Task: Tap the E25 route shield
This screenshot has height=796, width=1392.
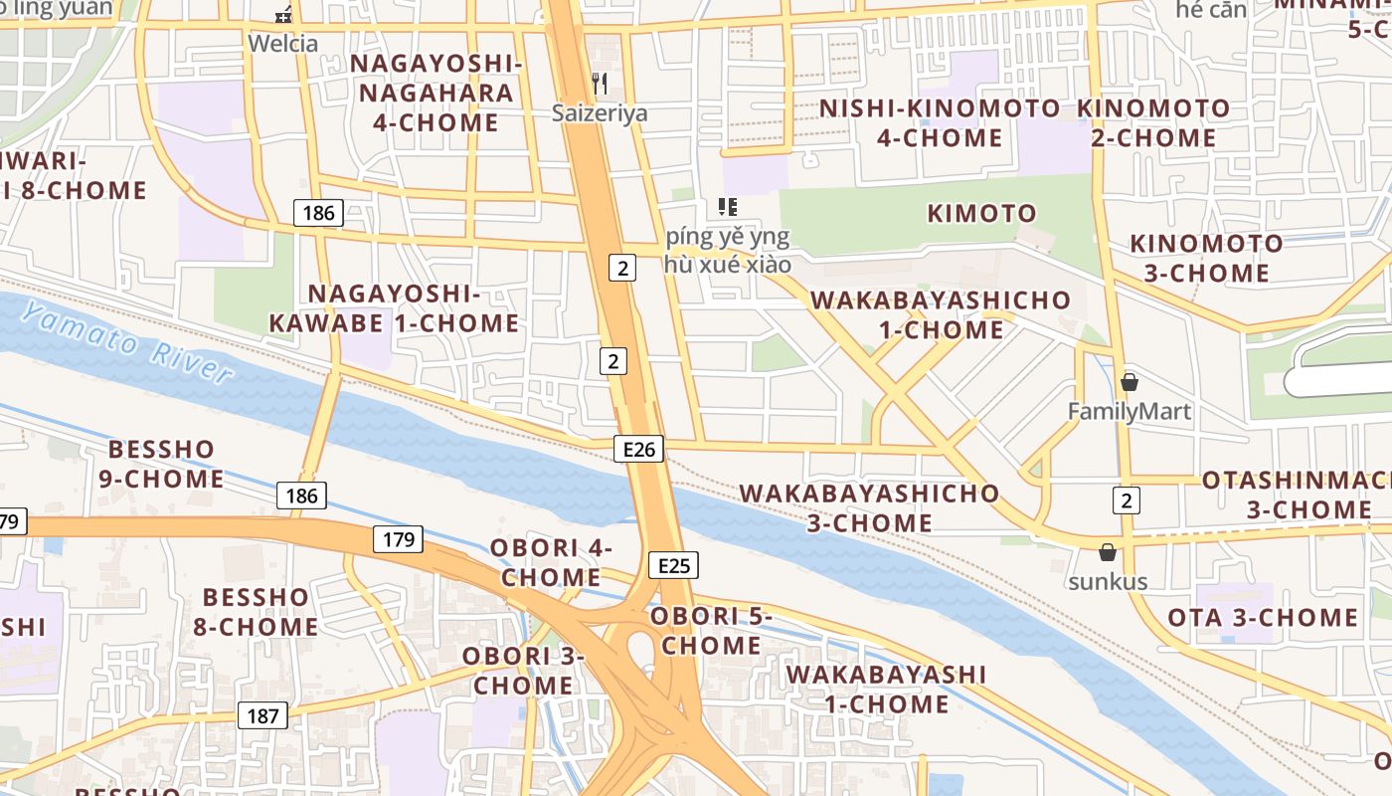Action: click(x=673, y=566)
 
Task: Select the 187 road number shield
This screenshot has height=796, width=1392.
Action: click(x=262, y=715)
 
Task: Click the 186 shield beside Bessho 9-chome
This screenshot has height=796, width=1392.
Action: click(x=301, y=496)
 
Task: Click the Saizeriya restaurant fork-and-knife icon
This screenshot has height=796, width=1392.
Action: click(x=600, y=84)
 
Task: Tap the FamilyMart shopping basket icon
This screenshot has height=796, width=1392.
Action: click(x=1130, y=382)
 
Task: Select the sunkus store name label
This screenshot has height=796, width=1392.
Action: click(x=1108, y=582)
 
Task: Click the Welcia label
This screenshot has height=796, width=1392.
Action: click(x=283, y=43)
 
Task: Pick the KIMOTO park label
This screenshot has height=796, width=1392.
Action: click(x=981, y=213)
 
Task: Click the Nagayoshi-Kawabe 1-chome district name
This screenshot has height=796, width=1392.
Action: click(x=394, y=308)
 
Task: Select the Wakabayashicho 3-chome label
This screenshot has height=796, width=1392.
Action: click(x=869, y=507)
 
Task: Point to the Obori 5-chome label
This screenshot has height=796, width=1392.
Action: click(x=712, y=631)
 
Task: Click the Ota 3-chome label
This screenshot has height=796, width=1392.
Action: click(x=1263, y=617)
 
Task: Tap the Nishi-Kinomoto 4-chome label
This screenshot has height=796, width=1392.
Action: click(x=940, y=122)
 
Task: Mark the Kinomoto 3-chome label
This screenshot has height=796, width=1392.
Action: click(x=1206, y=258)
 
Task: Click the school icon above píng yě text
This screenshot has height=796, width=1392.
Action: click(x=728, y=207)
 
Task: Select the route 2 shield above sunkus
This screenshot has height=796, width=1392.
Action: click(x=1127, y=500)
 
